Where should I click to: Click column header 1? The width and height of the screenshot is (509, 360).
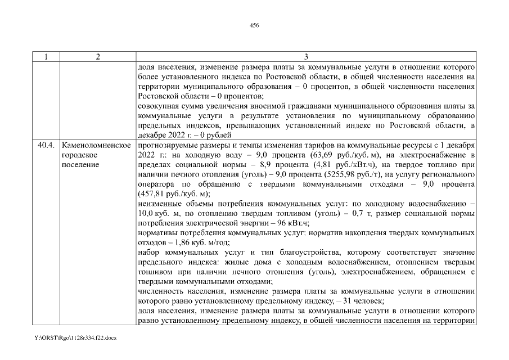(x=46, y=57)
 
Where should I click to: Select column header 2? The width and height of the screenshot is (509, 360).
(x=98, y=57)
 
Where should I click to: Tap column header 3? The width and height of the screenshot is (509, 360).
(x=306, y=57)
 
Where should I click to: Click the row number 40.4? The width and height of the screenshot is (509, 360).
(x=46, y=145)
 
